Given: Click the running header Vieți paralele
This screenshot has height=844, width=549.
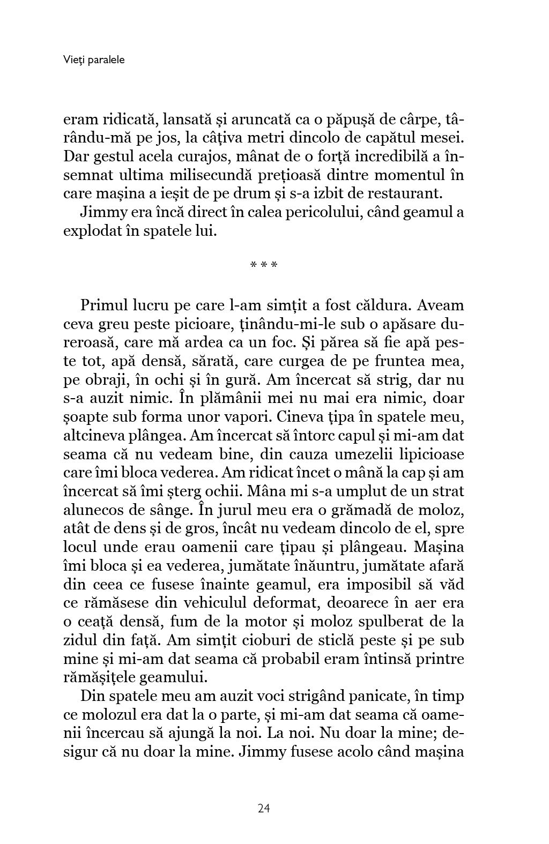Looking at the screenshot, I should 93,60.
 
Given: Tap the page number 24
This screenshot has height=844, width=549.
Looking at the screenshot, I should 263,808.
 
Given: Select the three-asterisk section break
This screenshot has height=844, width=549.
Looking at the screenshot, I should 264,265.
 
